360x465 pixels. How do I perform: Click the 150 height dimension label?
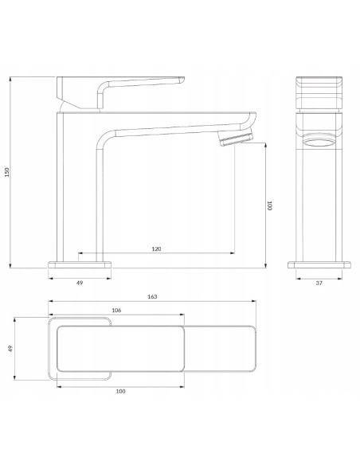pyautogui.click(x=7, y=172)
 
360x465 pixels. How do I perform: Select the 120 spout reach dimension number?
pyautogui.click(x=156, y=248)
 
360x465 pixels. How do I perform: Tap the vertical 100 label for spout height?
pyautogui.click(x=269, y=205)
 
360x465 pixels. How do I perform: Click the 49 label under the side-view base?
pyautogui.click(x=80, y=283)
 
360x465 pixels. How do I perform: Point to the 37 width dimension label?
pyautogui.click(x=319, y=283)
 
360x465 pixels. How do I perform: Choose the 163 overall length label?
pyautogui.click(x=152, y=296)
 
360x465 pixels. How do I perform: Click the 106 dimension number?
pyautogui.click(x=116, y=311)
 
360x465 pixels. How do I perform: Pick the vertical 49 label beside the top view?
pyautogui.click(x=10, y=349)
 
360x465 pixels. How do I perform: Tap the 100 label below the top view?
pyautogui.click(x=120, y=391)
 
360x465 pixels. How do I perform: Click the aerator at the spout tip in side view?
pyautogui.click(x=236, y=137)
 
